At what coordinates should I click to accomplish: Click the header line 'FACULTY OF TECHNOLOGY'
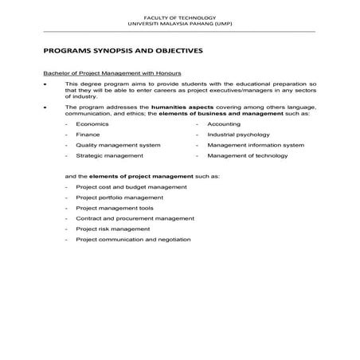pyautogui.click(x=179, y=15)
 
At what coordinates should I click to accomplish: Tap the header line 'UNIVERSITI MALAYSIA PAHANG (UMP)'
pyautogui.click(x=179, y=22)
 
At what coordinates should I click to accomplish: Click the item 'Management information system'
pyautogui.click(x=256, y=146)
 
